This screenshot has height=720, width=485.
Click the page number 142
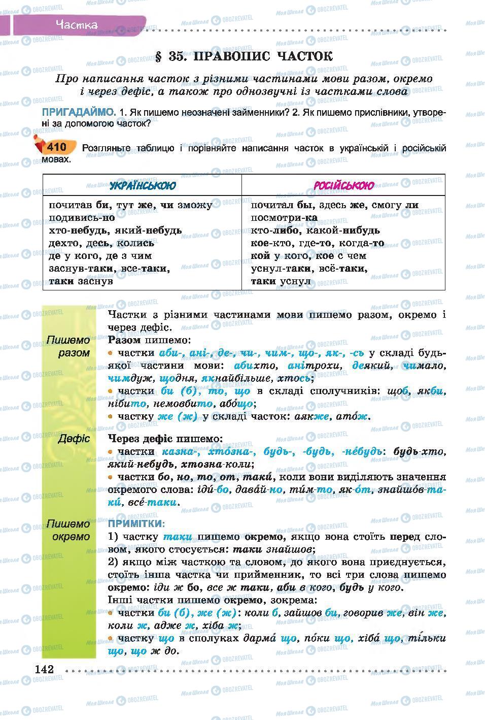click(44, 669)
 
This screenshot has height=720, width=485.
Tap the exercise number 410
click(56, 147)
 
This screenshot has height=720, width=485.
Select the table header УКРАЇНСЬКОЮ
click(143, 185)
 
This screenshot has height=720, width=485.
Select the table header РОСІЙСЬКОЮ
click(343, 185)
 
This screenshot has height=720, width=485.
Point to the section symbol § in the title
click(159, 56)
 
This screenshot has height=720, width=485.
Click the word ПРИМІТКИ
click(136, 523)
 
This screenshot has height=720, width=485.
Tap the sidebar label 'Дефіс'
click(74, 438)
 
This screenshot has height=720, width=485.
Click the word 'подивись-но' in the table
click(82, 218)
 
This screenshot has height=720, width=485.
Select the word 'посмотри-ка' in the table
click(284, 218)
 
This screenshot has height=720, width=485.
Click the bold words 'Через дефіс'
click(139, 438)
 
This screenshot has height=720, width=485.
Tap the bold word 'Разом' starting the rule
click(125, 340)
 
